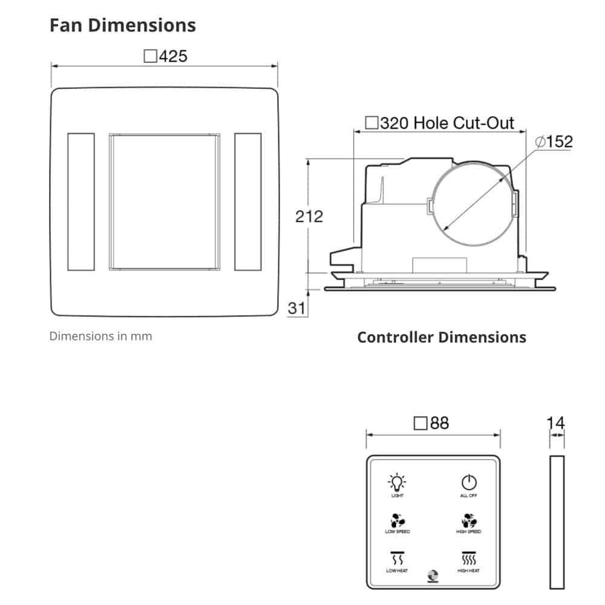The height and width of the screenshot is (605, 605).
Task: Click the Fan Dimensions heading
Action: pyautogui.click(x=123, y=25)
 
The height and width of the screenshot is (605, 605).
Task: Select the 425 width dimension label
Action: pyautogui.click(x=166, y=56)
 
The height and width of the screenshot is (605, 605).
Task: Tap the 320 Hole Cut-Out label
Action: pyautogui.click(x=440, y=123)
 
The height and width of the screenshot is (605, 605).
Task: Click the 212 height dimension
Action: pyautogui.click(x=309, y=216)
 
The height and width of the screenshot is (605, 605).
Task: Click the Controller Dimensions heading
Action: pyautogui.click(x=442, y=337)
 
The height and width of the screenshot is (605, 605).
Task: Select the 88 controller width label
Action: pyautogui.click(x=431, y=423)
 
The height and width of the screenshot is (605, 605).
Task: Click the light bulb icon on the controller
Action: pyautogui.click(x=397, y=482)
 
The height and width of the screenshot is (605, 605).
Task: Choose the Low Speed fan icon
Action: pyautogui.click(x=397, y=520)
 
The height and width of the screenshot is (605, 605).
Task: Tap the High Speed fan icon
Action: pyautogui.click(x=468, y=520)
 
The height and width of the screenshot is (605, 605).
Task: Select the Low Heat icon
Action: pyautogui.click(x=397, y=558)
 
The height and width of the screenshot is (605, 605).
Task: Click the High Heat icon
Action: pyautogui.click(x=468, y=558)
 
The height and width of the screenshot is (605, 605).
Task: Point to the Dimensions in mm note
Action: pyautogui.click(x=100, y=336)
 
